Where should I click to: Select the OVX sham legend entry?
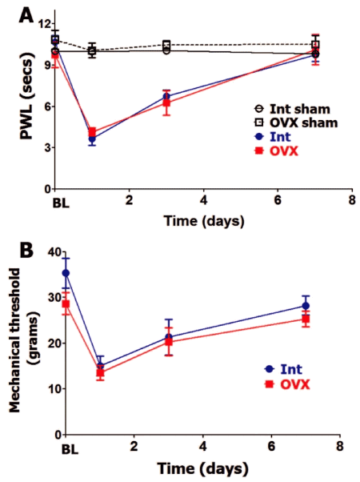click(x=291, y=122)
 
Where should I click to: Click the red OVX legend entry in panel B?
click(x=294, y=384)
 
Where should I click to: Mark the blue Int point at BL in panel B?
click(x=66, y=273)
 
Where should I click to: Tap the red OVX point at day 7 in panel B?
click(x=306, y=319)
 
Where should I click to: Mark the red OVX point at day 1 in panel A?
click(x=92, y=132)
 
